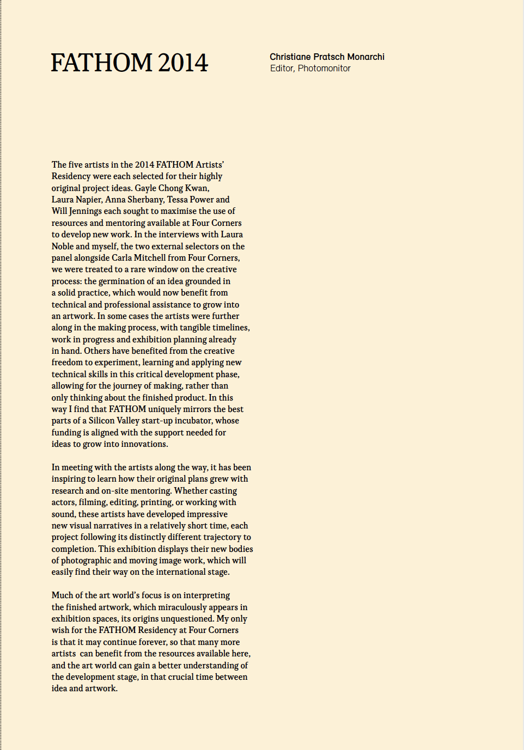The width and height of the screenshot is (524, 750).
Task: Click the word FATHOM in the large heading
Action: click(101, 63)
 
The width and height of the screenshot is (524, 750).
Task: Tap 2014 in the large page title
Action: click(183, 63)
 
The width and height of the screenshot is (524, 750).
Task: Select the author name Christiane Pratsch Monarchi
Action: click(327, 57)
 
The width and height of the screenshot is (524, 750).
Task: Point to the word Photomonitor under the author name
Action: click(324, 69)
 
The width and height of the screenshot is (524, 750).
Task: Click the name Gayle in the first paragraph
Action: click(145, 188)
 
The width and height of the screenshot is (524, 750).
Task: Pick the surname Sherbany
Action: click(144, 200)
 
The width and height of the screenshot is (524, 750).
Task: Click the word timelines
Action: click(229, 328)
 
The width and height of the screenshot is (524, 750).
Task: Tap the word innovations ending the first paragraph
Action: click(145, 444)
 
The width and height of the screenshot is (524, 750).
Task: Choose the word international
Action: click(184, 572)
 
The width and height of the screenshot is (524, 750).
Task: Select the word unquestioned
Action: click(187, 619)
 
